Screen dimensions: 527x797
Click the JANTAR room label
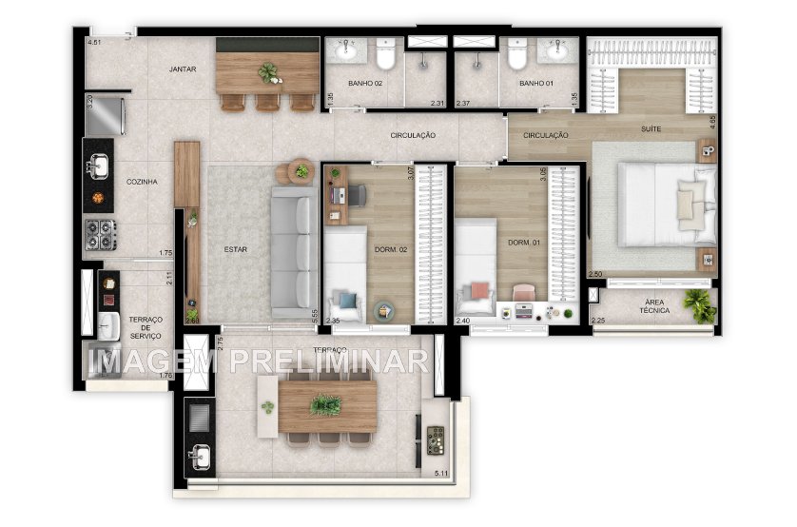tap(183, 69)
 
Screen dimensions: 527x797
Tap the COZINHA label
tap(142, 181)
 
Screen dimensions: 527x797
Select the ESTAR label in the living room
tap(235, 250)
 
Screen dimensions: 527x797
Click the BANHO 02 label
tap(365, 84)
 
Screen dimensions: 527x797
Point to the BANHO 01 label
tap(535, 84)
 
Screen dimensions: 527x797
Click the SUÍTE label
tap(650, 128)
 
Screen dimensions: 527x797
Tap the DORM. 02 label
tap(390, 250)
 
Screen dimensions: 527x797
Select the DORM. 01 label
tap(524, 244)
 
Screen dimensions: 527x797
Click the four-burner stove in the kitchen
tap(99, 231)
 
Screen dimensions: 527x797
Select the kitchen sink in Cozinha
tap(98, 166)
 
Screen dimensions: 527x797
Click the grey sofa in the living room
tap(294, 252)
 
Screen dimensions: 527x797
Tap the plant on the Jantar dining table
tap(269, 71)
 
